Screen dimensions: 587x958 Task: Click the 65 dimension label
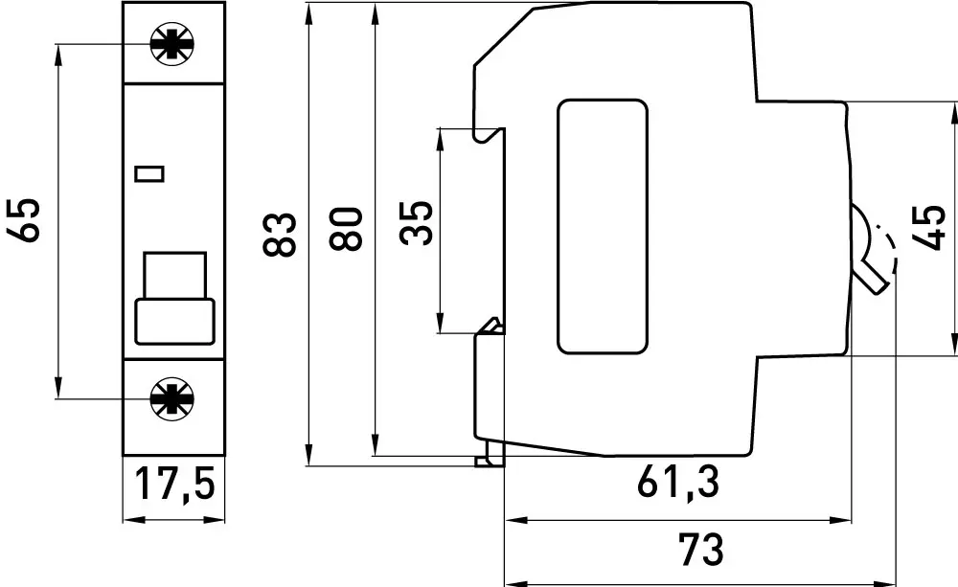tap(26, 219)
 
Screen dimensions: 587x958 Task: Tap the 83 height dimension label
tap(279, 233)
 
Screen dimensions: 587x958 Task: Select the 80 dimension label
tap(347, 228)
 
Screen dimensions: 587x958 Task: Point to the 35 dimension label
tap(417, 224)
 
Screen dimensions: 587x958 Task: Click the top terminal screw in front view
tap(172, 44)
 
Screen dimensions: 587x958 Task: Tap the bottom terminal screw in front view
tap(172, 398)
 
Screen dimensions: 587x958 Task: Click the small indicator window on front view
tap(150, 173)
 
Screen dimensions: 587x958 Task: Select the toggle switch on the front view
tap(173, 297)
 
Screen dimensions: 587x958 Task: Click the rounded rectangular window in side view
tap(603, 226)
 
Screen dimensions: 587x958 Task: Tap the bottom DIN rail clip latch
tap(490, 456)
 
